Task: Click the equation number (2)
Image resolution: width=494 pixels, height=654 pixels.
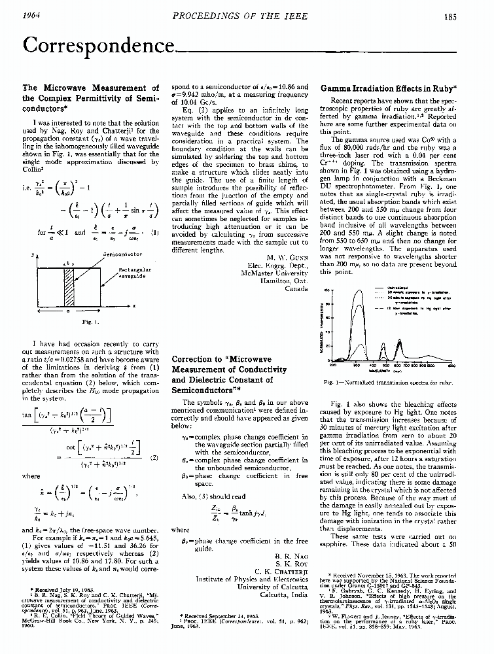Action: tap(152, 457)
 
